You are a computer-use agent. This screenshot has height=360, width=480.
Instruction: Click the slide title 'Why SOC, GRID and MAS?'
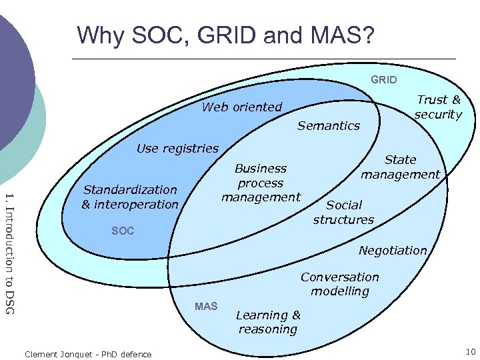tap(226, 35)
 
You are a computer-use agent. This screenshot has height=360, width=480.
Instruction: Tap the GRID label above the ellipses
tap(383, 80)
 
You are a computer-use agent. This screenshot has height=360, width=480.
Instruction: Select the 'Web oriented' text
tap(242, 107)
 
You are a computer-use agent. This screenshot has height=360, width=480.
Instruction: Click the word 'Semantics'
tap(328, 125)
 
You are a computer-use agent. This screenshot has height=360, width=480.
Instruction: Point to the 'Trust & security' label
tap(438, 107)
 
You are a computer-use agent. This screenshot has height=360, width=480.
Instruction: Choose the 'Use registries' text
tap(177, 148)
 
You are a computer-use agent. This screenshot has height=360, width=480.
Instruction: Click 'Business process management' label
tap(261, 183)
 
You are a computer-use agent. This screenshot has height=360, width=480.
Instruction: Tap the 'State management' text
tap(400, 167)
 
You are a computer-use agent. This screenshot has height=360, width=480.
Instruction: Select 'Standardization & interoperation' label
tap(130, 197)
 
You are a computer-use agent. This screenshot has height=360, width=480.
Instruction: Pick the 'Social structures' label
tap(343, 212)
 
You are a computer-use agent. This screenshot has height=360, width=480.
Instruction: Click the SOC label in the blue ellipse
tap(123, 231)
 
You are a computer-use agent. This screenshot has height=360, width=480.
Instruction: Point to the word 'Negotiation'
tap(392, 250)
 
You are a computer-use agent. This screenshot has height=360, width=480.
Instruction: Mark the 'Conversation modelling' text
tap(339, 284)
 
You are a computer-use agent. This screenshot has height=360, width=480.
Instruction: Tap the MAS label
tap(206, 306)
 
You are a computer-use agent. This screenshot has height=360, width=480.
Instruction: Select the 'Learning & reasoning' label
tap(268, 322)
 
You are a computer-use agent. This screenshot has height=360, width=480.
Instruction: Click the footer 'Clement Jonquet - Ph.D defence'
tap(87, 354)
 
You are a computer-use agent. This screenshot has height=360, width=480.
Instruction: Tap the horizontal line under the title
tap(267, 59)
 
